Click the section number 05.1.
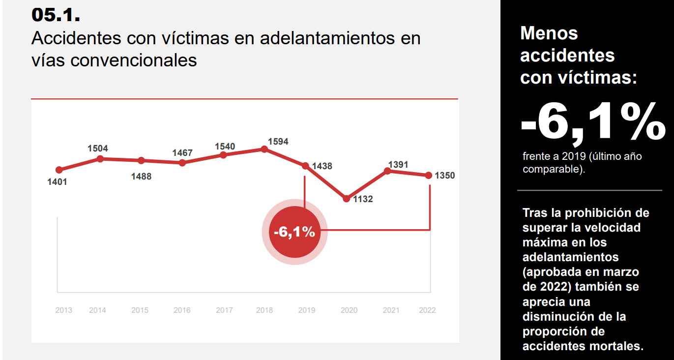[x=56, y=14]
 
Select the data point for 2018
[x=264, y=149]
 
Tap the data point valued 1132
[x=346, y=199]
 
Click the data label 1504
[x=97, y=149]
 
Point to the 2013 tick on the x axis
[x=63, y=310]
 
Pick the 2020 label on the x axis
[x=349, y=310]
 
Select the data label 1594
[x=278, y=142]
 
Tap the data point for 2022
[x=429, y=175]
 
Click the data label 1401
[x=57, y=182]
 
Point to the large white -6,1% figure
[x=592, y=123]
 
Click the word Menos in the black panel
[x=549, y=33]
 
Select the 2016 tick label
[x=182, y=310]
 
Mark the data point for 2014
[x=100, y=158]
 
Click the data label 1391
[x=398, y=165]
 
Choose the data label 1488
[x=141, y=177]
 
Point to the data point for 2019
[x=305, y=166]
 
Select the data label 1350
[x=445, y=176]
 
